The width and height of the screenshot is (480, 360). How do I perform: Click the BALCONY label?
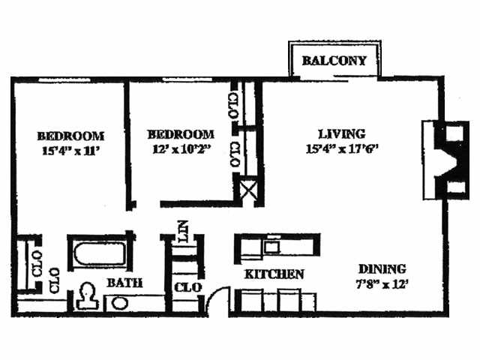tap(334, 61)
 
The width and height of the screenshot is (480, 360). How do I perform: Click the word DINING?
tap(382, 269)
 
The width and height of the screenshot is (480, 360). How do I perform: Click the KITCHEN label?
tap(274, 274)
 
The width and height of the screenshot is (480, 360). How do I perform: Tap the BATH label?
tap(124, 283)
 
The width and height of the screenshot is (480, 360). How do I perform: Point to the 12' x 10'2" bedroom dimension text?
tap(180, 148)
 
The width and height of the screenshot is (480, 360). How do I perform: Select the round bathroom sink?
tap(118, 304)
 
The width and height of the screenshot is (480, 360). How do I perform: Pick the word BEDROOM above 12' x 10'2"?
tap(180, 134)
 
